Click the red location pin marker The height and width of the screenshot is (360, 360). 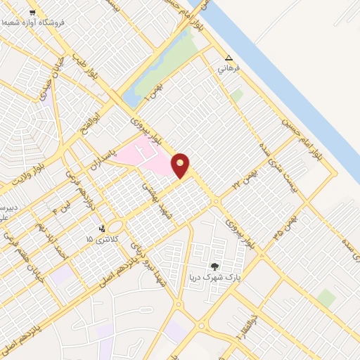(x=180, y=165)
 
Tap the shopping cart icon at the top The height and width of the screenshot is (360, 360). (x=32, y=13)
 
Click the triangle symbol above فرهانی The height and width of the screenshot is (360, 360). (x=228, y=58)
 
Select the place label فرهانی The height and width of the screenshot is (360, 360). (x=229, y=69)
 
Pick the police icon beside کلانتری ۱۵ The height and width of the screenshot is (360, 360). (x=103, y=228)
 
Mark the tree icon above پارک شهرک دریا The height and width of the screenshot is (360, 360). (x=214, y=266)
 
